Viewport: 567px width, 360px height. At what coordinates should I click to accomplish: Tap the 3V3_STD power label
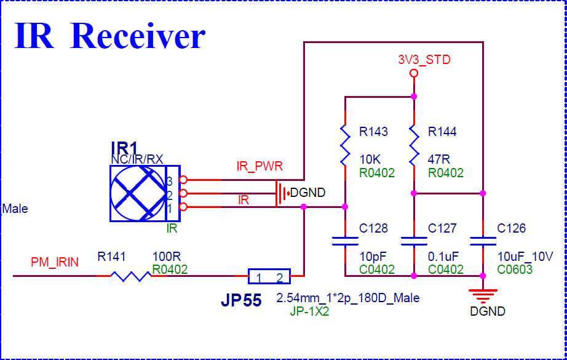coord(424,60)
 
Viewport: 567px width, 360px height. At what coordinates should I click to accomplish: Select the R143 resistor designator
coord(373,132)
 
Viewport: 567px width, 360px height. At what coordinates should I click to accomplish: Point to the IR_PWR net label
coord(260,167)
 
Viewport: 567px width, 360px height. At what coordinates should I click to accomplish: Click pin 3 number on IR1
coord(170,181)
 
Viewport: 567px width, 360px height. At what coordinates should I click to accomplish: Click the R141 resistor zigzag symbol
coord(130,276)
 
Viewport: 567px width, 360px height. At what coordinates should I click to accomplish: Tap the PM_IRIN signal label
coord(55,263)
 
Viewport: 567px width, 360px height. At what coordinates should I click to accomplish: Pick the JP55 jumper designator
coord(240,301)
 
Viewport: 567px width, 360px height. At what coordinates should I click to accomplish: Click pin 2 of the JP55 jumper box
coord(279,278)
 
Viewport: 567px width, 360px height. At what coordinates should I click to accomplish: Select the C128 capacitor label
coord(373,228)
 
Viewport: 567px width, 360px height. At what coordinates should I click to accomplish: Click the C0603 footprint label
coord(515,269)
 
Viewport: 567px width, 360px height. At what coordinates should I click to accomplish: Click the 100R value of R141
coord(166,256)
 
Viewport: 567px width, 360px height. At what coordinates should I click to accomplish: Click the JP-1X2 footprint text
coord(309,311)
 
